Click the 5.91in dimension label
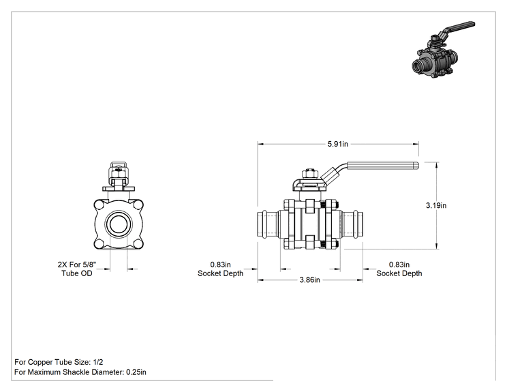pyautogui.click(x=337, y=144)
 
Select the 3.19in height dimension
pyautogui.click(x=436, y=205)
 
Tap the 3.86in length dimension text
pyautogui.click(x=309, y=280)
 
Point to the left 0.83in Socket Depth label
pyautogui.click(x=220, y=269)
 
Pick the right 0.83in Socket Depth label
pyautogui.click(x=399, y=269)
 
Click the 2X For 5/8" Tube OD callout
pyautogui.click(x=76, y=269)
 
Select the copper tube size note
pyautogui.click(x=59, y=362)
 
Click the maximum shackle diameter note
pyautogui.click(x=80, y=372)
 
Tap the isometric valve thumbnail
pyautogui.click(x=443, y=50)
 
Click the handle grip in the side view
pyautogui.click(x=383, y=166)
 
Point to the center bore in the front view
pyautogui.click(x=119, y=224)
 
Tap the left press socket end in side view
pyautogui.click(x=268, y=224)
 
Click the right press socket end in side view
pyautogui.click(x=352, y=224)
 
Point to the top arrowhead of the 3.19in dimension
pyautogui.click(x=437, y=165)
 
